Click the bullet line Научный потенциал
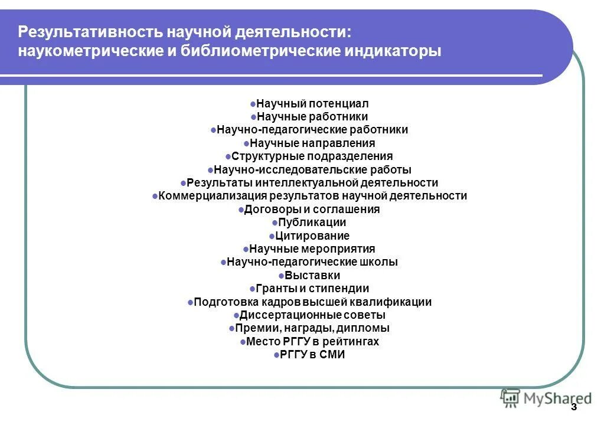[312, 104]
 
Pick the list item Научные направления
[312, 143]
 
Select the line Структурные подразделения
[312, 156]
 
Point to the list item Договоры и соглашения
[312, 210]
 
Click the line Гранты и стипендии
[312, 289]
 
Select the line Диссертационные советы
[312, 315]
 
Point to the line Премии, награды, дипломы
[312, 328]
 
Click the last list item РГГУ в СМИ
[312, 355]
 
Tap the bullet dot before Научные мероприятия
[246, 249]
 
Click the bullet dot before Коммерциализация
[155, 196]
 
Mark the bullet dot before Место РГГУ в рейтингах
[243, 342]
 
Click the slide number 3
[574, 408]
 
